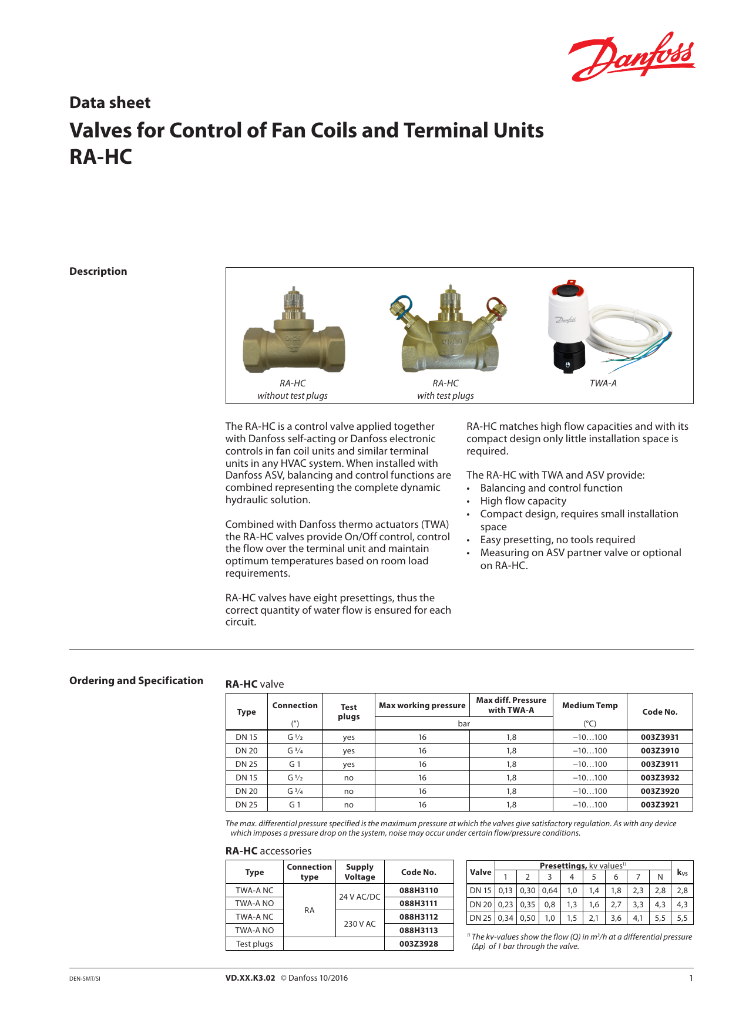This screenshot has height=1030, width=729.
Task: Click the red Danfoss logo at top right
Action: coord(631,57)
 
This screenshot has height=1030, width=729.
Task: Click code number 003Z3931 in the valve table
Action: coord(660,737)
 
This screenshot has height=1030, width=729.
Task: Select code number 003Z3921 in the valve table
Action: coord(660,805)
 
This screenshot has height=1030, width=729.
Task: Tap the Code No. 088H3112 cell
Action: coord(418,917)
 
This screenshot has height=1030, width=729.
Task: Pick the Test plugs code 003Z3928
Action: coord(418,944)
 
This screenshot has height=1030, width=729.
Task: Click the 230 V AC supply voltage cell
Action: coord(360,924)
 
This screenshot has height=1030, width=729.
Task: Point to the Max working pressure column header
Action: coord(422,705)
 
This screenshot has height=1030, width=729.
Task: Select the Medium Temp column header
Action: coord(590,705)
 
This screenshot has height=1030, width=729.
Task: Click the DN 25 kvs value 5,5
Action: coord(682,918)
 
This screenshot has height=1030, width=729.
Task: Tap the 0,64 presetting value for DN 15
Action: coord(549,890)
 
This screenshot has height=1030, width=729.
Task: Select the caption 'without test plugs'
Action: coord(293,396)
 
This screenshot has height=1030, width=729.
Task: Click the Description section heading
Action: coord(98,271)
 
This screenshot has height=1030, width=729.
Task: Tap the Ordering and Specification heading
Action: coord(136,681)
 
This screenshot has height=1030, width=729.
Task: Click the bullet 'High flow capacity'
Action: coord(523,501)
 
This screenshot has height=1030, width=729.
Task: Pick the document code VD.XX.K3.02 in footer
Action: coord(250,978)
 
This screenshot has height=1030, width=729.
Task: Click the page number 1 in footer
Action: coord(691,978)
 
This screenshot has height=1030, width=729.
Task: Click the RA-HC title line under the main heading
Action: coord(101,157)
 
